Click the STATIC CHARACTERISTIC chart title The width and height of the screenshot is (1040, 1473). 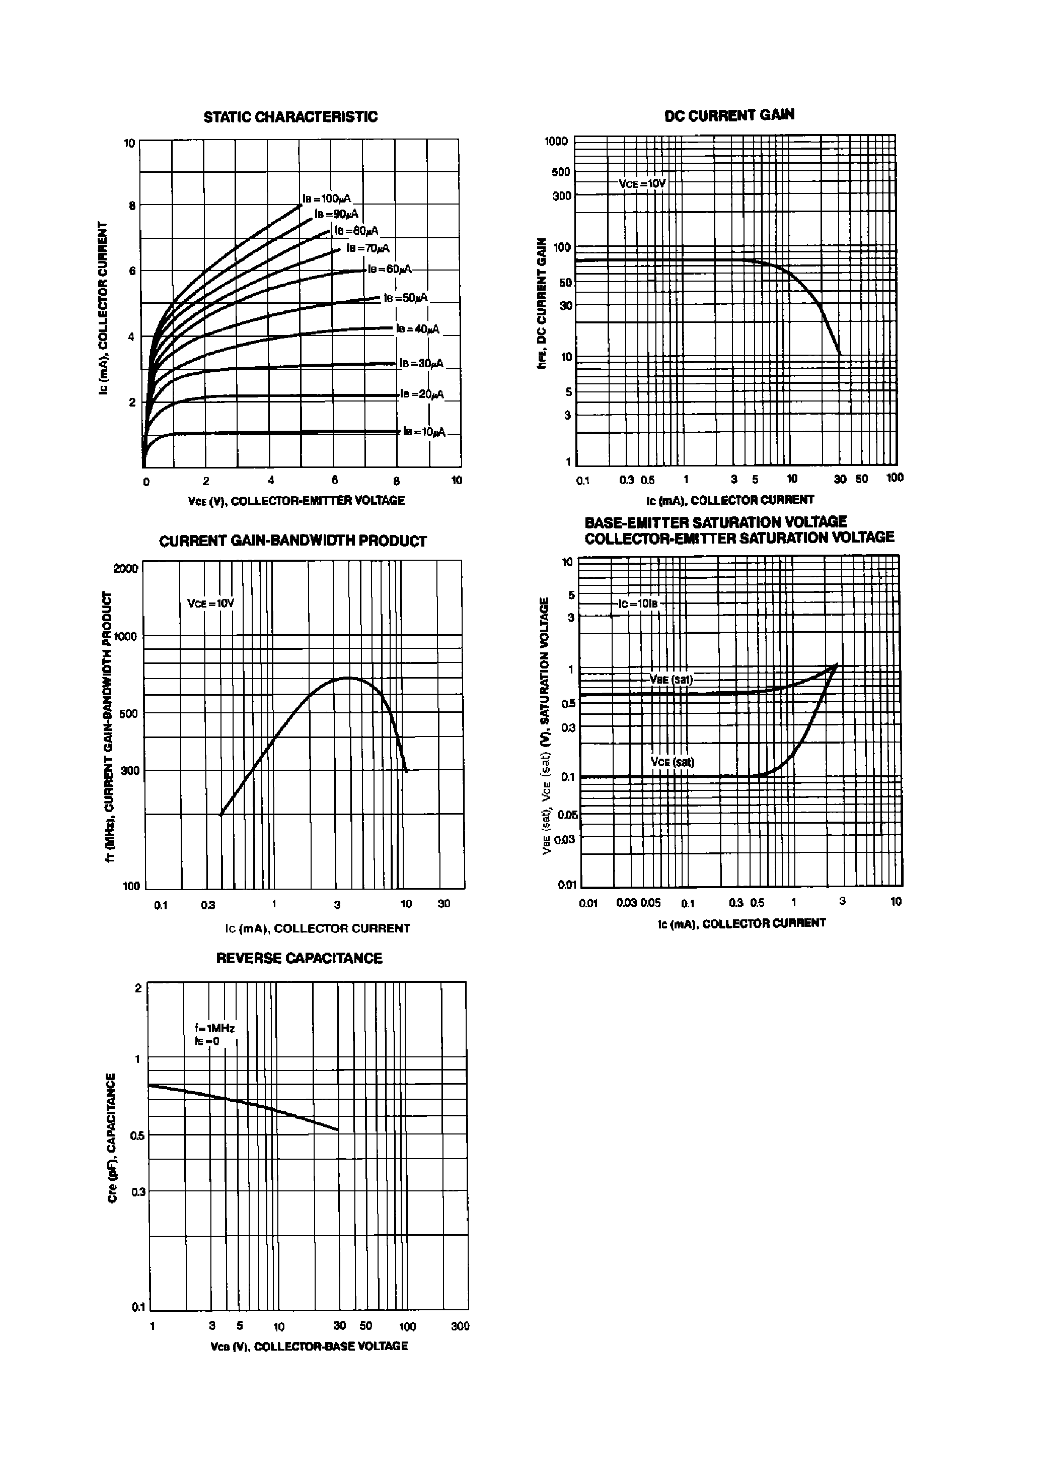pyautogui.click(x=290, y=117)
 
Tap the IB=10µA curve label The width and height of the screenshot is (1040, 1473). pyautogui.click(x=424, y=432)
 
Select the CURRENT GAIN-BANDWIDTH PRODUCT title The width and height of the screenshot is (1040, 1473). pyautogui.click(x=292, y=541)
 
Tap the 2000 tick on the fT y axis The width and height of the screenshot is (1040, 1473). pyautogui.click(x=125, y=568)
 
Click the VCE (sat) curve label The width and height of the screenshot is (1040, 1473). pyautogui.click(x=672, y=762)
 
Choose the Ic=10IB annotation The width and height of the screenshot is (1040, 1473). pyautogui.click(x=638, y=604)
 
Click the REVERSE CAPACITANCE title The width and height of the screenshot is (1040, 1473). pyautogui.click(x=299, y=958)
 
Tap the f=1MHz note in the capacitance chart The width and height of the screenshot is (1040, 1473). pyautogui.click(x=215, y=1028)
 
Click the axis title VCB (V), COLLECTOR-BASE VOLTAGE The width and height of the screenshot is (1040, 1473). pyautogui.click(x=309, y=1346)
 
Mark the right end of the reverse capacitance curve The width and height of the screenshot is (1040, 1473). pyautogui.click(x=338, y=1130)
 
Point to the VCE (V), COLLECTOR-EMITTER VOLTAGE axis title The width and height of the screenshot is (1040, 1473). pyautogui.click(x=295, y=500)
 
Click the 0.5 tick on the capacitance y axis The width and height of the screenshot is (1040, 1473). pyautogui.click(x=136, y=1135)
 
